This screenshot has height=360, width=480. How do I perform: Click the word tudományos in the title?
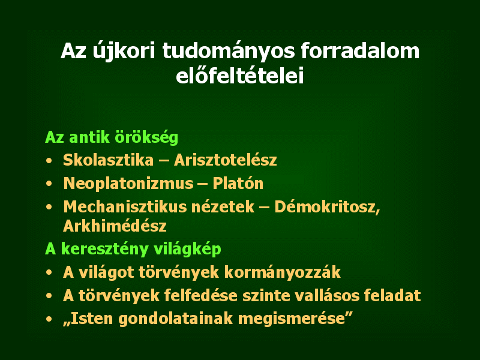(x=229, y=51)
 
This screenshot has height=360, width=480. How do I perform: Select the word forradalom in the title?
(x=360, y=50)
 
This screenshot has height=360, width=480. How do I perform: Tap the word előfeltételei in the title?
(x=240, y=75)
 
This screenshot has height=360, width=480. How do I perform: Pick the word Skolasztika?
(x=109, y=160)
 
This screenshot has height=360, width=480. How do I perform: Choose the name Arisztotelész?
(x=226, y=160)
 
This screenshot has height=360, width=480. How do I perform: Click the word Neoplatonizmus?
(x=128, y=184)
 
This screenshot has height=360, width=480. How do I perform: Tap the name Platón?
(x=238, y=183)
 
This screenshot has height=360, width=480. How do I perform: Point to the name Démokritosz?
(x=327, y=207)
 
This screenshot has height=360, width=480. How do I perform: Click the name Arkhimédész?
(x=115, y=226)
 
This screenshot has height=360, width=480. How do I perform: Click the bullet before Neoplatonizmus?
(x=49, y=184)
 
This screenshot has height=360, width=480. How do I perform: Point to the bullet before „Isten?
(x=49, y=319)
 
